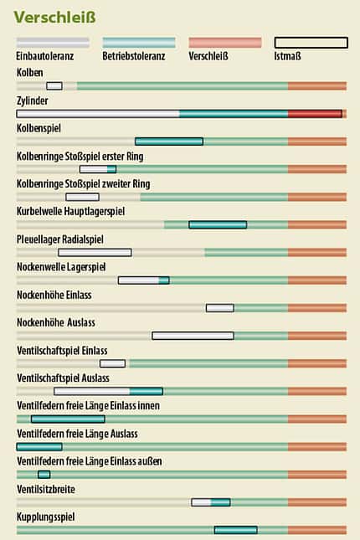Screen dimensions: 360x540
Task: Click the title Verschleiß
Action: coord(54,18)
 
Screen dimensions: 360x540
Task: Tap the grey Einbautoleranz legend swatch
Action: coord(53,43)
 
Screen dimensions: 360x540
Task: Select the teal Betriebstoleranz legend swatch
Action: coord(139,43)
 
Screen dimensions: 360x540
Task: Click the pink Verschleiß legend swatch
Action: coord(225,43)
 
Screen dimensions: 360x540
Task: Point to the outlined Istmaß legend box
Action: coord(311,43)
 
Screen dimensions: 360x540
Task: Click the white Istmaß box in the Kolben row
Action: coord(54,85)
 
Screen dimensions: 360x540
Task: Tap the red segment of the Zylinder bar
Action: coord(315,114)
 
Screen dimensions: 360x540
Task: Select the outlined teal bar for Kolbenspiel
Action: coord(169,141)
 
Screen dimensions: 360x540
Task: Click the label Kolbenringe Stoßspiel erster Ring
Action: coord(80,157)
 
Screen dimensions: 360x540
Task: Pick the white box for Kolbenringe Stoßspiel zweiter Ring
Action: coord(83,197)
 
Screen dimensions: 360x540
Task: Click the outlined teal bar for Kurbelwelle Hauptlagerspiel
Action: coord(218,225)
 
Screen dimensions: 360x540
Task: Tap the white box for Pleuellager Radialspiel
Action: coord(95,253)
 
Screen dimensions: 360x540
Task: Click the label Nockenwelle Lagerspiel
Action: coord(61,267)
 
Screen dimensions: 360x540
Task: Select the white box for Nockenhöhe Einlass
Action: coord(220,308)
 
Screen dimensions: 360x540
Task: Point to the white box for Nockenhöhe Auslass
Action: coord(193,336)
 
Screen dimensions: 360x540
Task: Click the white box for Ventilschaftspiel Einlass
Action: coord(113,363)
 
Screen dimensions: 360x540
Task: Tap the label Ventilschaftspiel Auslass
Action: coord(63,378)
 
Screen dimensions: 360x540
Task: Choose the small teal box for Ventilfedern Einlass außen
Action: coord(44,475)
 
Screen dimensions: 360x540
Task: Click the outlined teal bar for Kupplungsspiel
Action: coord(236,530)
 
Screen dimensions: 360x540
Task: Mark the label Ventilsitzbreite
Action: coord(46,489)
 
